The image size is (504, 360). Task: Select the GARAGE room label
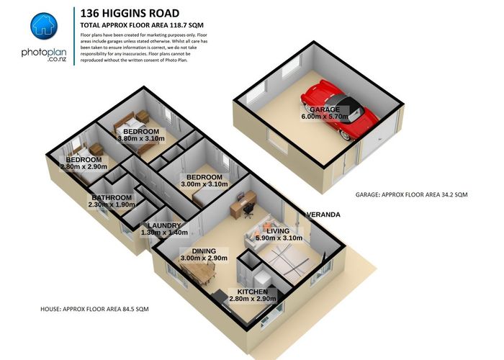[325, 109]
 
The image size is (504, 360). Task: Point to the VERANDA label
[323, 215]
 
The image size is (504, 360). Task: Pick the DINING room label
[204, 251]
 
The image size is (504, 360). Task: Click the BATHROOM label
[111, 198]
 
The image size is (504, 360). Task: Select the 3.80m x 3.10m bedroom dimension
[141, 139]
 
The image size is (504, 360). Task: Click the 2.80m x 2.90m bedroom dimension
[84, 167]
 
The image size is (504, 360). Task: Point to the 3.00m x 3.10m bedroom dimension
[204, 184]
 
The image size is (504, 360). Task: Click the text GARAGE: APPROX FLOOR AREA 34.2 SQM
[411, 195]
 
